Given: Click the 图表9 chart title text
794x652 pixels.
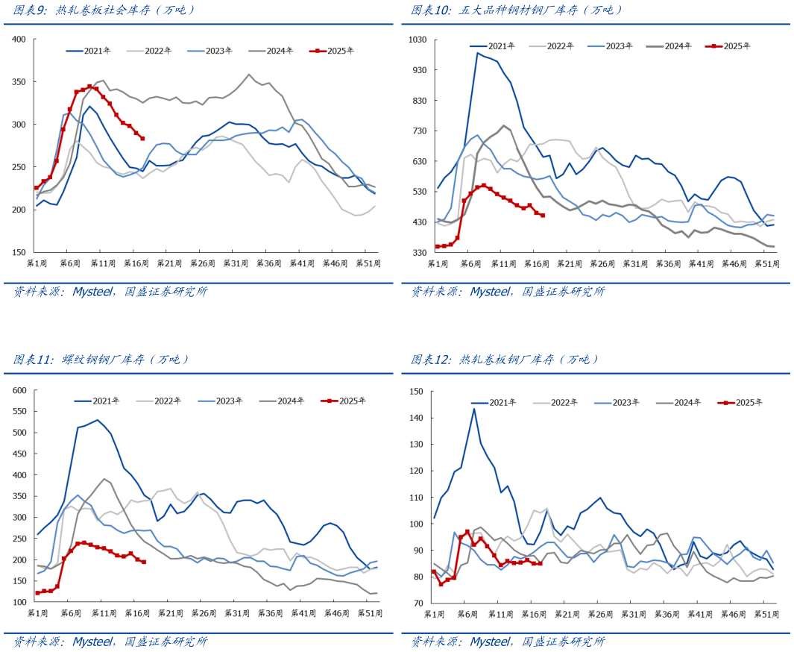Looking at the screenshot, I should coord(104,10).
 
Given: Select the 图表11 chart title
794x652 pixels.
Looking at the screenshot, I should coord(101,360).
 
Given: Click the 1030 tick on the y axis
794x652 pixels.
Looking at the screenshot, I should coord(416,40).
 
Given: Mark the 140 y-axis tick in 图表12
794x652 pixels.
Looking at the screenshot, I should coord(417,418).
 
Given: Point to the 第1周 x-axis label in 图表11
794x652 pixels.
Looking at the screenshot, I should coord(37,613).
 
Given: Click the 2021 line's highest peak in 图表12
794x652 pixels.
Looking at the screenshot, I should coord(473,408).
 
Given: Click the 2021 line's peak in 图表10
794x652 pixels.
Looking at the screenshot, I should coord(478,53).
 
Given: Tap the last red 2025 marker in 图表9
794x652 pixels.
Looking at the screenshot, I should coord(142,138).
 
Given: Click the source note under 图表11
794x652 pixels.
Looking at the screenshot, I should coord(110,642).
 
